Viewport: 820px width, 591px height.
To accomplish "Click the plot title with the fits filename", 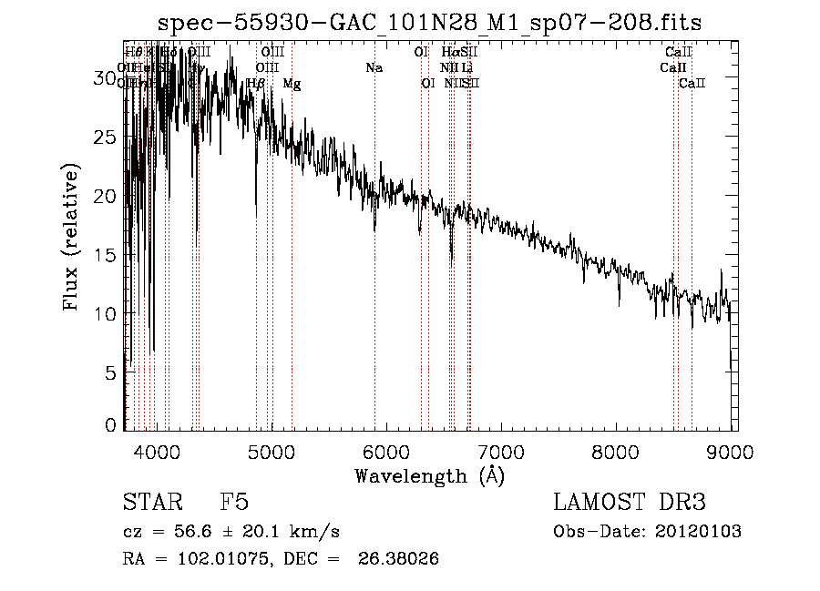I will pos(429,22).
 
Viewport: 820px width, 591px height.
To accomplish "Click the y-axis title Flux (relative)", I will pos(71,237).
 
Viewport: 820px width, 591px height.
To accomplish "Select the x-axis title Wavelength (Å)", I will pos(429,475).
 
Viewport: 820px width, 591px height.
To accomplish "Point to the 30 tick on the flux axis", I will pos(105,79).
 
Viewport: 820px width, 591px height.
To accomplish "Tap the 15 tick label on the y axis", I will pos(105,255).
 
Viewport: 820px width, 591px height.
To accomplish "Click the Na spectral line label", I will pos(374,67).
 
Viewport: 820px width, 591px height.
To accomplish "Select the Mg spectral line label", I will pos(292,84).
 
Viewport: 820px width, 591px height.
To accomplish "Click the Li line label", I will pos(466,67).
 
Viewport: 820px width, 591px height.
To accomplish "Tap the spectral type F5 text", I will pos(234,503).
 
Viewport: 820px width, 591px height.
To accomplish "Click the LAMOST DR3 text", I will pos(629,503).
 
